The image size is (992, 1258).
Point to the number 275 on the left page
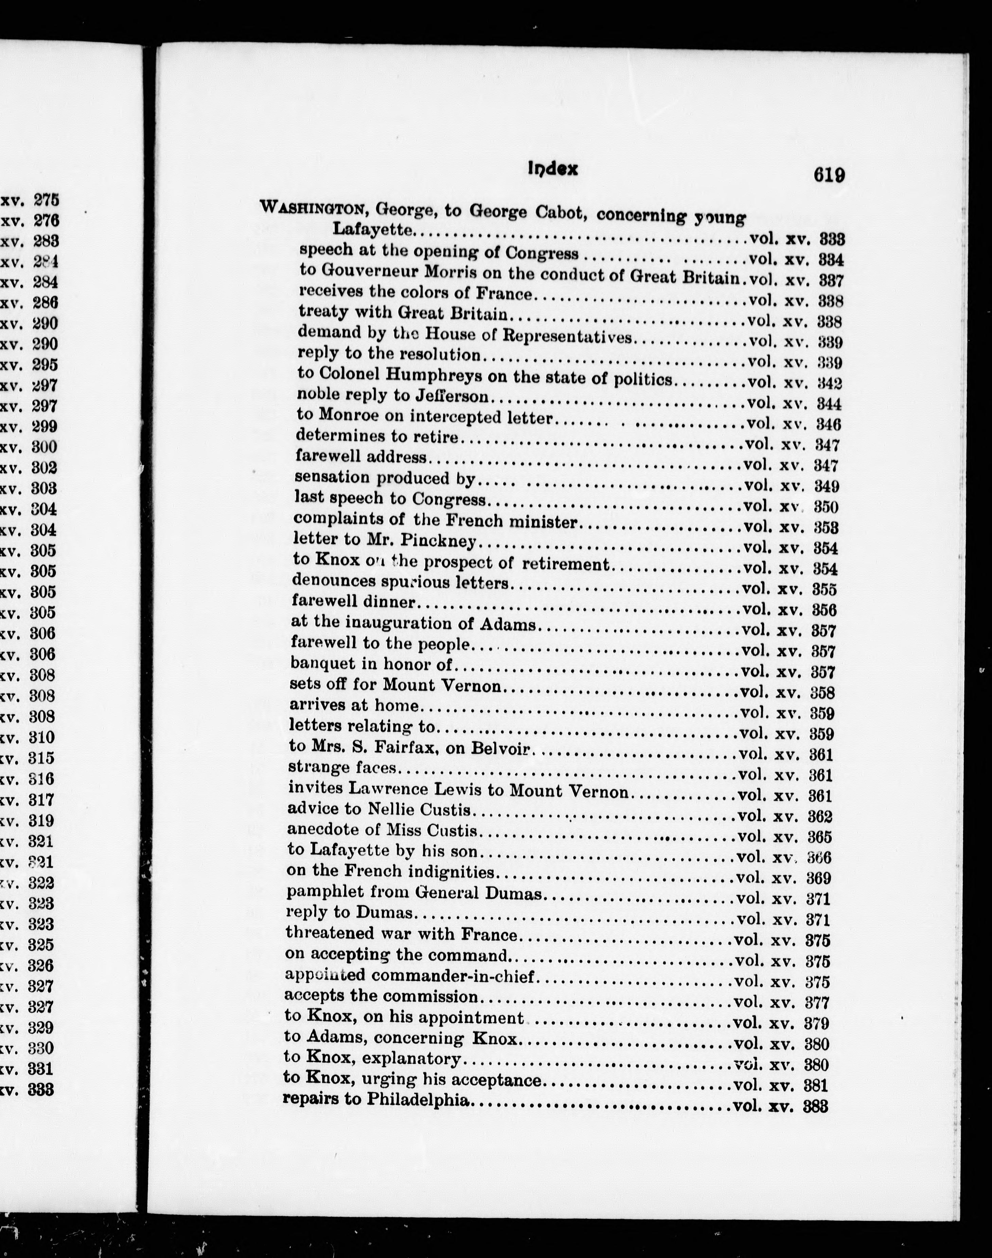pos(47,200)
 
